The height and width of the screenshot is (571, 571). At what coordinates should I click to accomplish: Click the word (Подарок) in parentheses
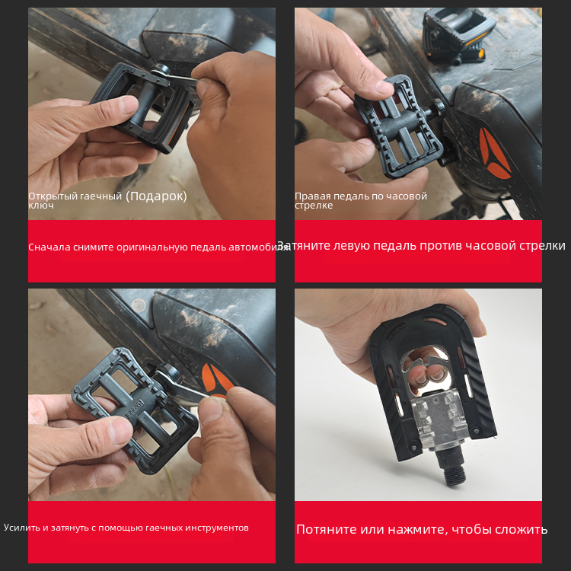click(x=156, y=196)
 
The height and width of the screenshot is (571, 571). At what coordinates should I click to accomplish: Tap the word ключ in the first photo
click(x=41, y=206)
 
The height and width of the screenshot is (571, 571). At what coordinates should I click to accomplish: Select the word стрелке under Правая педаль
click(x=314, y=206)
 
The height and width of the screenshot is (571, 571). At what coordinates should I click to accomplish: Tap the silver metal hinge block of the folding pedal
click(x=439, y=423)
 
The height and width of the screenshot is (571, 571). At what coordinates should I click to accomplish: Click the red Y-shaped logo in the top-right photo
click(x=494, y=153)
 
